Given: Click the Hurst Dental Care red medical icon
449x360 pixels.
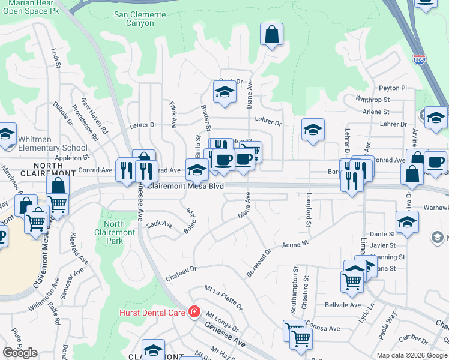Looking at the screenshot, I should pos(194,311).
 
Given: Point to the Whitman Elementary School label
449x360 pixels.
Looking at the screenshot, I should pos(53,143).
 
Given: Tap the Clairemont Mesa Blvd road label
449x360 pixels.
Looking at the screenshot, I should pos(185,187).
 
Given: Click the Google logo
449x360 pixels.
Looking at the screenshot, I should pos(20,353).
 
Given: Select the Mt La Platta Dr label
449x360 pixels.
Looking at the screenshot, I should pos(223,298).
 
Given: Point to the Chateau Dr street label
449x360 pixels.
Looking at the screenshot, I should pos(181,272).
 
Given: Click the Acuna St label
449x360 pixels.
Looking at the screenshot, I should pos(295,244).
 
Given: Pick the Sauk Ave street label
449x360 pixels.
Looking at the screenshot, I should pos(160,225).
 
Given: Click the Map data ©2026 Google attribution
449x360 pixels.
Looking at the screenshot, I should pos(411,355).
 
